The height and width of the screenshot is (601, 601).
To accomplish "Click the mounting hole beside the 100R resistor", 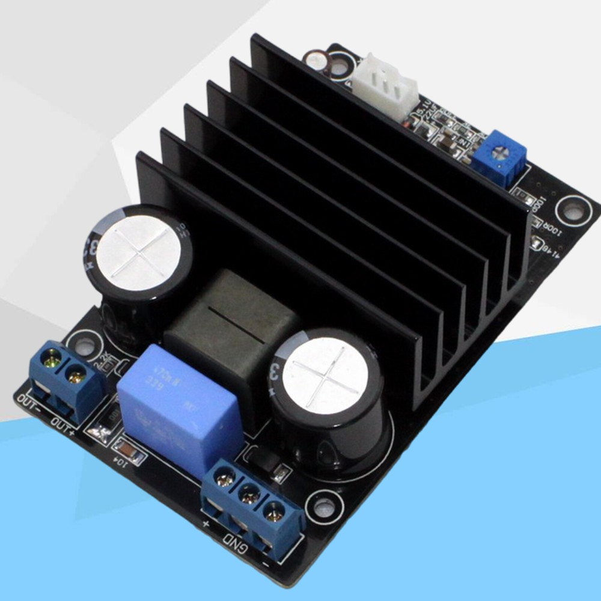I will [x=573, y=211].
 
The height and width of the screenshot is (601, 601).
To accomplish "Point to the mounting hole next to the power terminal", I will [x=325, y=506].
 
